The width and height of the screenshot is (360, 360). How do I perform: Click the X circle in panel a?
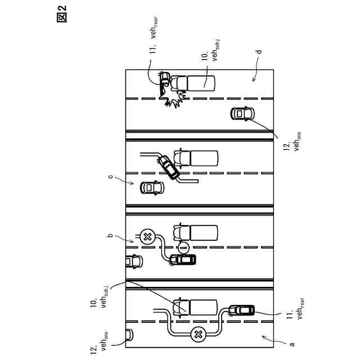pyautogui.click(x=199, y=335)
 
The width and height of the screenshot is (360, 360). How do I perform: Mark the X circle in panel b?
pyautogui.click(x=148, y=236)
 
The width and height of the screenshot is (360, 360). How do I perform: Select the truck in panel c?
pyautogui.click(x=196, y=157)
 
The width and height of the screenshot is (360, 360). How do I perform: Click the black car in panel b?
pyautogui.click(x=183, y=259)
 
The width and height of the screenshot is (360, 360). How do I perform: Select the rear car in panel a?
pyautogui.click(x=242, y=310)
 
